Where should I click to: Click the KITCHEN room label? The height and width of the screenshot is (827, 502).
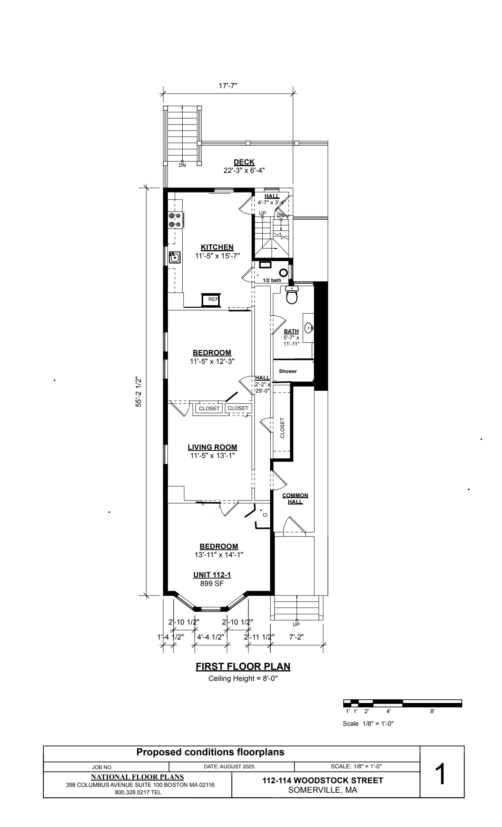[217, 247]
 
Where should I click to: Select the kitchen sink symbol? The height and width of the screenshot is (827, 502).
[174, 258]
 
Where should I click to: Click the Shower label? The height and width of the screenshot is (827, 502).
[288, 371]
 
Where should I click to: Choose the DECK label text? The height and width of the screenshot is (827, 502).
[244, 162]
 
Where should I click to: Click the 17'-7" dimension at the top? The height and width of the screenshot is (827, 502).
[228, 85]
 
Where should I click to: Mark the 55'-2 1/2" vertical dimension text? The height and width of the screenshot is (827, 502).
[139, 392]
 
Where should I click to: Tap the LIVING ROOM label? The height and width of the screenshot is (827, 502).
[212, 447]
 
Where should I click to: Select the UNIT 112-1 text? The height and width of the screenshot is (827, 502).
[212, 575]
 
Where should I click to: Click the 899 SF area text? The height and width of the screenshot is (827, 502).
[212, 584]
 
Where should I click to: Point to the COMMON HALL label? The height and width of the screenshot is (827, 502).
[295, 499]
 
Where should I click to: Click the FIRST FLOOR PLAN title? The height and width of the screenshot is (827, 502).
[243, 667]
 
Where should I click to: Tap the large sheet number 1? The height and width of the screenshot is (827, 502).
[442, 775]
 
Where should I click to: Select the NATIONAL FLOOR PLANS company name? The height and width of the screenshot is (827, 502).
[137, 777]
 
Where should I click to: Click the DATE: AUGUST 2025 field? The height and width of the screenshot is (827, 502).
[229, 766]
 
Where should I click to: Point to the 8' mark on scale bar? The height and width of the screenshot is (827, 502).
[432, 712]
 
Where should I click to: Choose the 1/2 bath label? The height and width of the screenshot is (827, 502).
[272, 280]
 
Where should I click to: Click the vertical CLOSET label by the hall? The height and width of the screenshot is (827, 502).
[282, 428]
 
